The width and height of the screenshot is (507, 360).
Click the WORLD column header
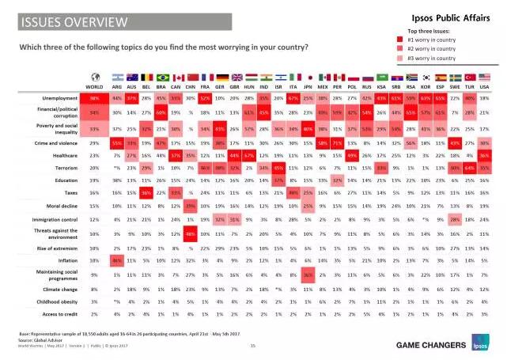tap(93, 85)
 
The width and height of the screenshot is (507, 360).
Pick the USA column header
tap(485, 85)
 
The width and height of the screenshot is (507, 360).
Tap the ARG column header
tap(117, 85)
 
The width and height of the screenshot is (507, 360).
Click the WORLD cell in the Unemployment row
tap(94, 97)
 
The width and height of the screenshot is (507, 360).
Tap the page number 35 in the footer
tap(252, 346)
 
